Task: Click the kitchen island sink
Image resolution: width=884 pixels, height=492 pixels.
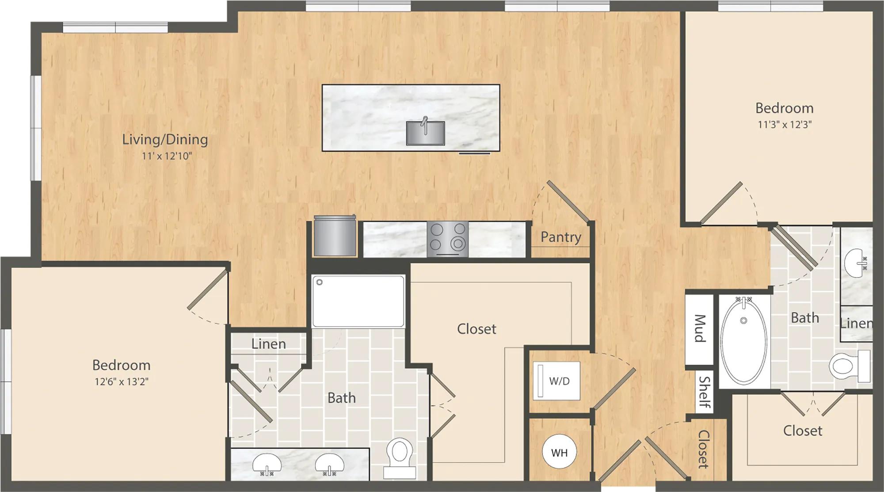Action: point(425,133)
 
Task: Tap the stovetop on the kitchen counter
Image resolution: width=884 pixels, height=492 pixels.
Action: point(448,239)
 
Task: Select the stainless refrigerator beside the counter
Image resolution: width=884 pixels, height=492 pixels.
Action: point(335,236)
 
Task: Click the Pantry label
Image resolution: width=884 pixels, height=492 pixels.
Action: point(561,237)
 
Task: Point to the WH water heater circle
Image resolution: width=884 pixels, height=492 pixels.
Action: point(559,452)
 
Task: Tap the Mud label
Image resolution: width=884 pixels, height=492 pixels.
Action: point(699,328)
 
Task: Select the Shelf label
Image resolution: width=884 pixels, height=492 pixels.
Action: point(705,393)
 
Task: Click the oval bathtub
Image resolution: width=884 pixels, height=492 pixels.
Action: point(744,339)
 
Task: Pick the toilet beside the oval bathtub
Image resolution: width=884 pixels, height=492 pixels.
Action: point(850,366)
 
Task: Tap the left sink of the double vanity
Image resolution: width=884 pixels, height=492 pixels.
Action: point(267,464)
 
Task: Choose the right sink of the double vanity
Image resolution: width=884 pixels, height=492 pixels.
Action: point(329,464)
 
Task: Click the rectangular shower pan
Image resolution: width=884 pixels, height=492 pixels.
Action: point(358,301)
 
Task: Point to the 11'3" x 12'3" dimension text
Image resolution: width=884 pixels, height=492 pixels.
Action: point(785,125)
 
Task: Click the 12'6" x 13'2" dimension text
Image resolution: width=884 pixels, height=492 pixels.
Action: point(122,381)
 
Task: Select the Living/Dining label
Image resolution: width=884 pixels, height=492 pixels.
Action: point(165,140)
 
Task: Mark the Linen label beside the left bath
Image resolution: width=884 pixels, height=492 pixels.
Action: point(269,344)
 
